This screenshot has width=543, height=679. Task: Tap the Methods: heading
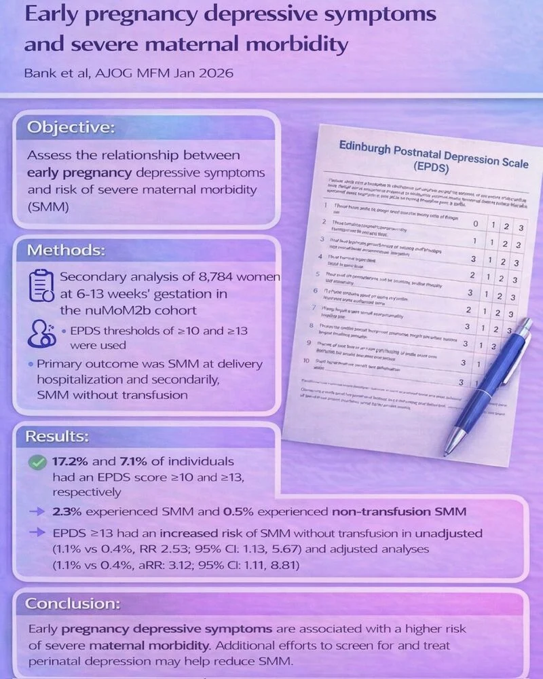[66, 250]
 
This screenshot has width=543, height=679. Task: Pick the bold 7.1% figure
[130, 461]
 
